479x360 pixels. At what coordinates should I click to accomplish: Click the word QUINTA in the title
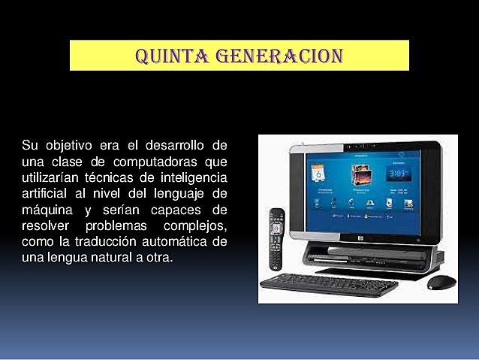169,56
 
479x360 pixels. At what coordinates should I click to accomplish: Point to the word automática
180,241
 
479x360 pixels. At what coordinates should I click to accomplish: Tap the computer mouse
441,282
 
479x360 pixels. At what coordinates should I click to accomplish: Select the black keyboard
328,283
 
